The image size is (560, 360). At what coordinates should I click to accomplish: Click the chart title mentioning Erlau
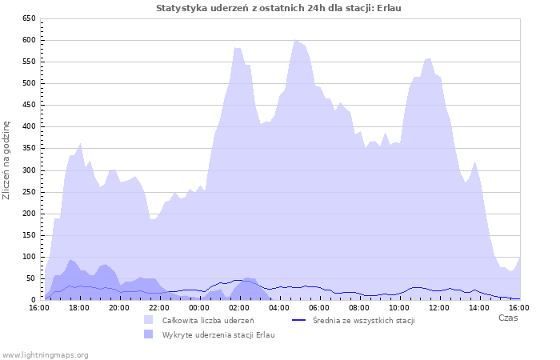pyautogui.click(x=279, y=7)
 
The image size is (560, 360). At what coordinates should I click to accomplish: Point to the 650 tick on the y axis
pyautogui.click(x=28, y=18)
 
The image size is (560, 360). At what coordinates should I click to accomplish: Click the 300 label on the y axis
pyautogui.click(x=28, y=170)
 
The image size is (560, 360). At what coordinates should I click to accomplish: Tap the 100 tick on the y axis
pyautogui.click(x=28, y=257)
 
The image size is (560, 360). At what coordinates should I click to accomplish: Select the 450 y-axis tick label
pyautogui.click(x=28, y=105)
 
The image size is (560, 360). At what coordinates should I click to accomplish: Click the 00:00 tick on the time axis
pyautogui.click(x=198, y=307)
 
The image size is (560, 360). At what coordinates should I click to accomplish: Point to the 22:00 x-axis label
pyautogui.click(x=158, y=307)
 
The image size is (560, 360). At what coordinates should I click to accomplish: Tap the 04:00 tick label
pyautogui.click(x=278, y=307)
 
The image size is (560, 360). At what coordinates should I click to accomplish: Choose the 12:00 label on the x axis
pyautogui.click(x=438, y=307)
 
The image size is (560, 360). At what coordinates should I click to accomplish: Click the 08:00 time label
pyautogui.click(x=358, y=307)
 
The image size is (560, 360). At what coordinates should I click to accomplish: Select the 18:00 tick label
pyautogui.click(x=78, y=307)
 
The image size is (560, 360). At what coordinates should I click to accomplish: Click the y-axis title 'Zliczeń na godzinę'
pyautogui.click(x=7, y=160)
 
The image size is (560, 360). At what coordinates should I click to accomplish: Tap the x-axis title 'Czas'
pyautogui.click(x=507, y=318)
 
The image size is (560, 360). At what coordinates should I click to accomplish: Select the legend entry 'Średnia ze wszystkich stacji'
pyautogui.click(x=363, y=320)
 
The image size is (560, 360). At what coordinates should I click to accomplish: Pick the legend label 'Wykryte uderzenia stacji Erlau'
pyautogui.click(x=218, y=334)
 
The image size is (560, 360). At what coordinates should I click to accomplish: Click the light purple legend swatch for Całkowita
pyautogui.click(x=148, y=320)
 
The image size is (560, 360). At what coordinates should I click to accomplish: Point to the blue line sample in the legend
pyautogui.click(x=299, y=320)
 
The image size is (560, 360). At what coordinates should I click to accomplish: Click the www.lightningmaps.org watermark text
pyautogui.click(x=45, y=354)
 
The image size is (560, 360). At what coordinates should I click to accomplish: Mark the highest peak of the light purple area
pyautogui.click(x=295, y=40)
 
